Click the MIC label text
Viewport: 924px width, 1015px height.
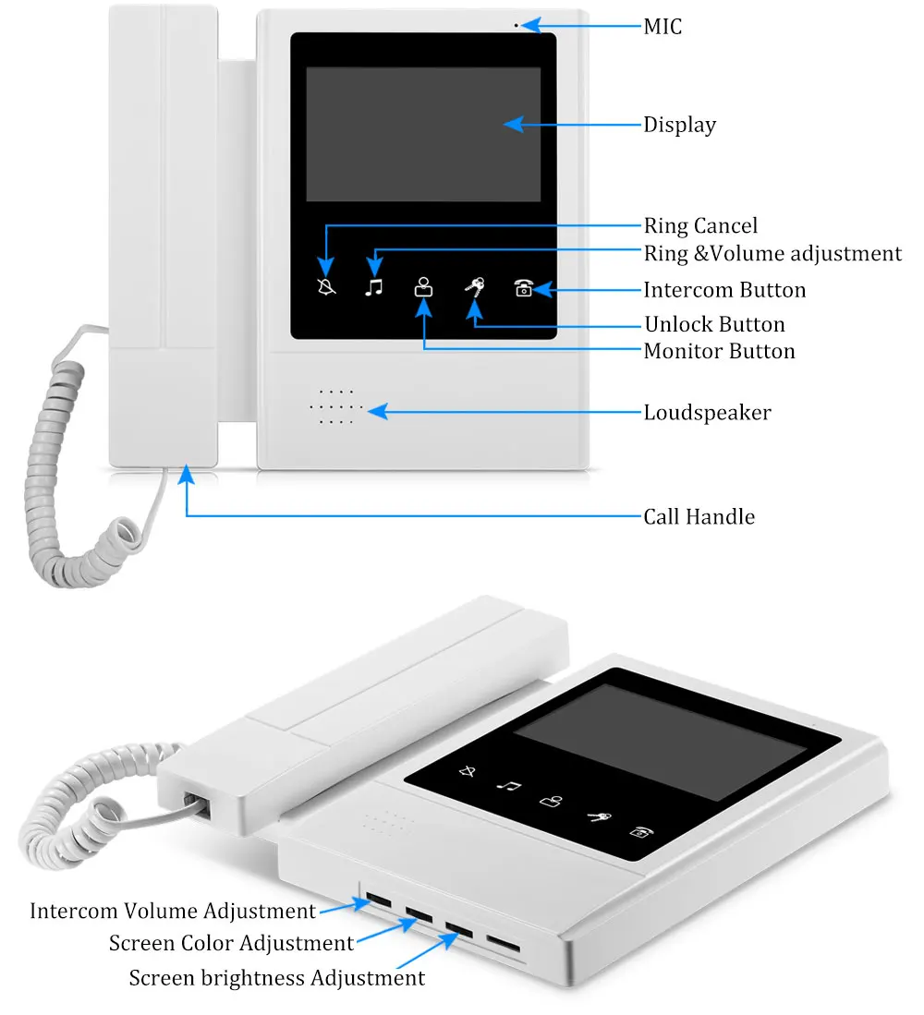pos(663,27)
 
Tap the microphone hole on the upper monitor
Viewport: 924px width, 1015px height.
pos(517,25)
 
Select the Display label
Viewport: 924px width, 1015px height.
pos(679,125)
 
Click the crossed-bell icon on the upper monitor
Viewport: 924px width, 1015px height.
pos(326,285)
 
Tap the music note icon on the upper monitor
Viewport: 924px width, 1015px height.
pos(373,286)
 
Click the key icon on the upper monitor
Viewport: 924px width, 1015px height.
pos(474,288)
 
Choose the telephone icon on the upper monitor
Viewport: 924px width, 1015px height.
pos(524,288)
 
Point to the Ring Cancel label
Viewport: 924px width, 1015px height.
pos(699,226)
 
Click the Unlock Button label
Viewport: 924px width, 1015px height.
pos(713,324)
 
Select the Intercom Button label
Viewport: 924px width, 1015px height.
pos(724,290)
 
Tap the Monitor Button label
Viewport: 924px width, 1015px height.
pos(719,351)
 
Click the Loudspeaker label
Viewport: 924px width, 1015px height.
pos(707,412)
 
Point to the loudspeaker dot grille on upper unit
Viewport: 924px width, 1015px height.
pos(336,406)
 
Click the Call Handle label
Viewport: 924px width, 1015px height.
pos(699,516)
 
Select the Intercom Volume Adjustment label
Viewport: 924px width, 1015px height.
pos(173,911)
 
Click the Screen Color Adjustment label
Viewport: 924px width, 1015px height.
pos(231,943)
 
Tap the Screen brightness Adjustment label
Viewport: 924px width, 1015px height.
pos(276,977)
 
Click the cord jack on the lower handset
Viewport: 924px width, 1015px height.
pos(197,804)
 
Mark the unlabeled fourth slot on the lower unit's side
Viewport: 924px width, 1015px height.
pos(503,944)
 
